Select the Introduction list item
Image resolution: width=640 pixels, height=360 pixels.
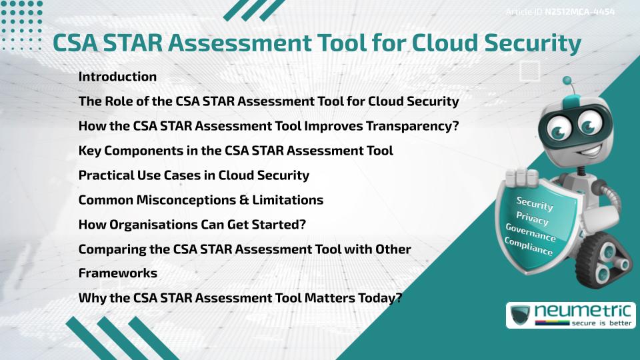tap(117, 77)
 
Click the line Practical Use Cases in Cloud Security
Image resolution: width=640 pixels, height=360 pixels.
tap(193, 175)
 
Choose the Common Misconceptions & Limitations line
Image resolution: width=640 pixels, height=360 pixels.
tap(201, 200)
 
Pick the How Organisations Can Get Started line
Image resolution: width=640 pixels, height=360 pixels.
tap(192, 225)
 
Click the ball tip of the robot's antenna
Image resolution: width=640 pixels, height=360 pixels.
tap(567, 81)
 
